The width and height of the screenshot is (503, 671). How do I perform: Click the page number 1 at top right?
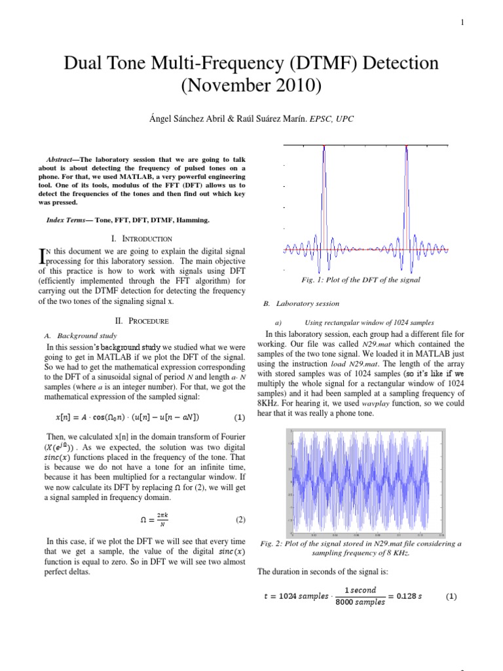(462, 23)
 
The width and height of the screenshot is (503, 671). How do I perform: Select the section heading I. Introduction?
(142, 239)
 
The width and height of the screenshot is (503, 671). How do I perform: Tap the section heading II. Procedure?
(142, 321)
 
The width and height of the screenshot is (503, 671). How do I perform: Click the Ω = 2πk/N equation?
(155, 520)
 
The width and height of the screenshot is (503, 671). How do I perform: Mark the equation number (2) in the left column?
(240, 520)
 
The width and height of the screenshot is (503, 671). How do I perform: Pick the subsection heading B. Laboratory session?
(301, 303)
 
